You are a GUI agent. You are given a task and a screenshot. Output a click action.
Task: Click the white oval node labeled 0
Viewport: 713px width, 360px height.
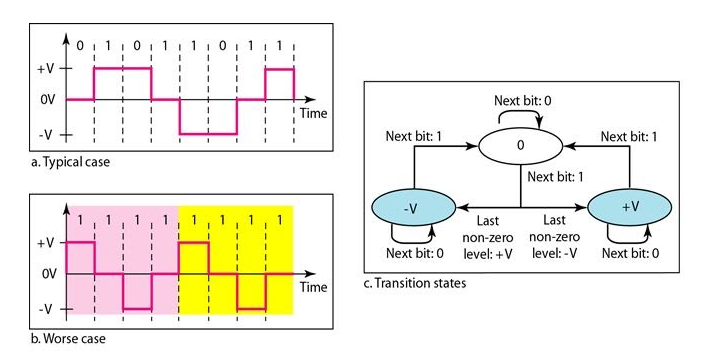[x=520, y=145]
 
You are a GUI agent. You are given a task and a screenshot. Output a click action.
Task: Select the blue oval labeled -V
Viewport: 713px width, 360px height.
[x=409, y=210]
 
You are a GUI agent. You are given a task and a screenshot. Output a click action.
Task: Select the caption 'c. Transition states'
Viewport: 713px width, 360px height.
[x=414, y=283]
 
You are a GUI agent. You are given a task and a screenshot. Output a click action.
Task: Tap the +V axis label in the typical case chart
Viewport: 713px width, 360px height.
[x=43, y=70]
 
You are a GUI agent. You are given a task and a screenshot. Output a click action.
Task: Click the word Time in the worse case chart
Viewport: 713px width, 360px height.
[x=313, y=287]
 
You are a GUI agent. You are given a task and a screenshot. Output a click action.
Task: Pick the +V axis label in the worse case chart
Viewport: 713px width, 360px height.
[x=43, y=243]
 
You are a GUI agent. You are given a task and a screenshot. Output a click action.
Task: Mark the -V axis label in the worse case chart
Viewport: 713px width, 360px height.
[x=44, y=308]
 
